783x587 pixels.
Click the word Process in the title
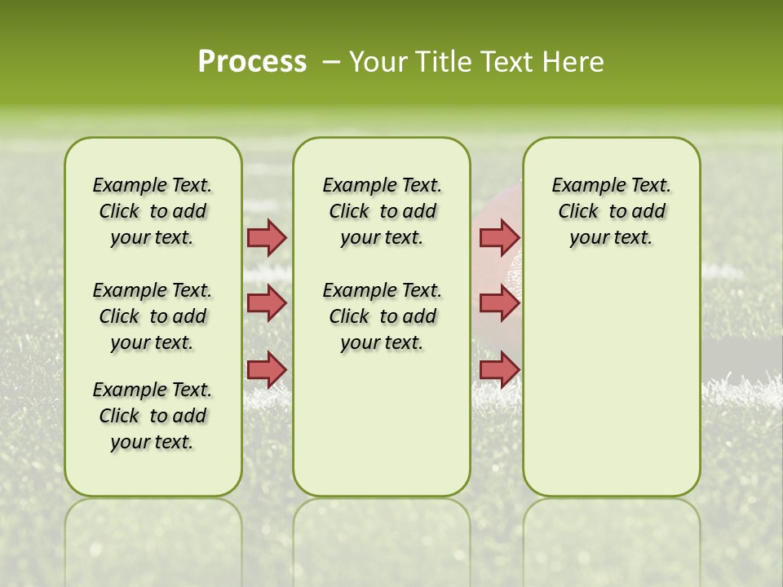tap(252, 62)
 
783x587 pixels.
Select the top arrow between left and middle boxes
tap(267, 237)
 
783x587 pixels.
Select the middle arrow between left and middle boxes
tap(267, 303)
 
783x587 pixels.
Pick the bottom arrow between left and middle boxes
tap(267, 369)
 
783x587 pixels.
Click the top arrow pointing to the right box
tap(499, 237)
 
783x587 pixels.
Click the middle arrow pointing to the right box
tap(499, 303)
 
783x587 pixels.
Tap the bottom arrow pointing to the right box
tap(499, 369)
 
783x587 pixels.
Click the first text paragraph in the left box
tap(153, 211)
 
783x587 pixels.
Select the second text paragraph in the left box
tap(153, 316)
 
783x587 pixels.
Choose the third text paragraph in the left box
tap(153, 416)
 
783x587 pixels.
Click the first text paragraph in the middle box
tap(382, 211)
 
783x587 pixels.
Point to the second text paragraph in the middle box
tap(382, 316)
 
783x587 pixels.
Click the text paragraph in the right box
tap(611, 211)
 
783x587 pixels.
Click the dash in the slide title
tap(330, 62)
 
